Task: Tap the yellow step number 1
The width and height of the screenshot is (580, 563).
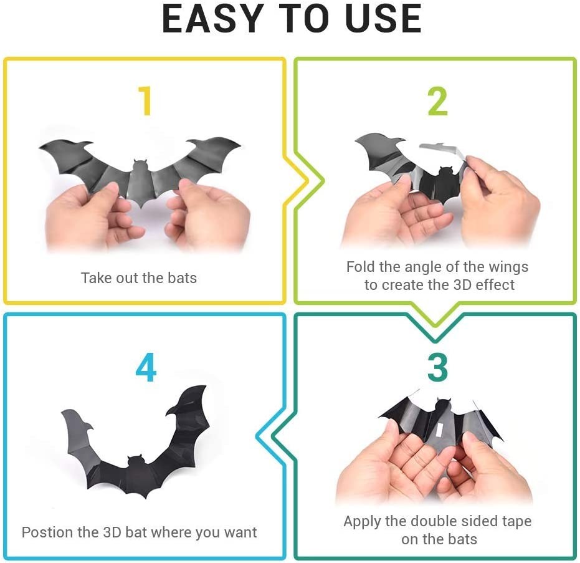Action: click(145, 100)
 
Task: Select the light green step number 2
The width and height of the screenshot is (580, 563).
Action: click(437, 101)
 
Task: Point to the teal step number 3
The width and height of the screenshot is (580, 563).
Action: click(437, 367)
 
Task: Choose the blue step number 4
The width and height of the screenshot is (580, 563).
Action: click(146, 367)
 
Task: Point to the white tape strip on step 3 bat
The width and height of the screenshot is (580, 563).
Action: click(440, 430)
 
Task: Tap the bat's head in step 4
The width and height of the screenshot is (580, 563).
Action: click(135, 461)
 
